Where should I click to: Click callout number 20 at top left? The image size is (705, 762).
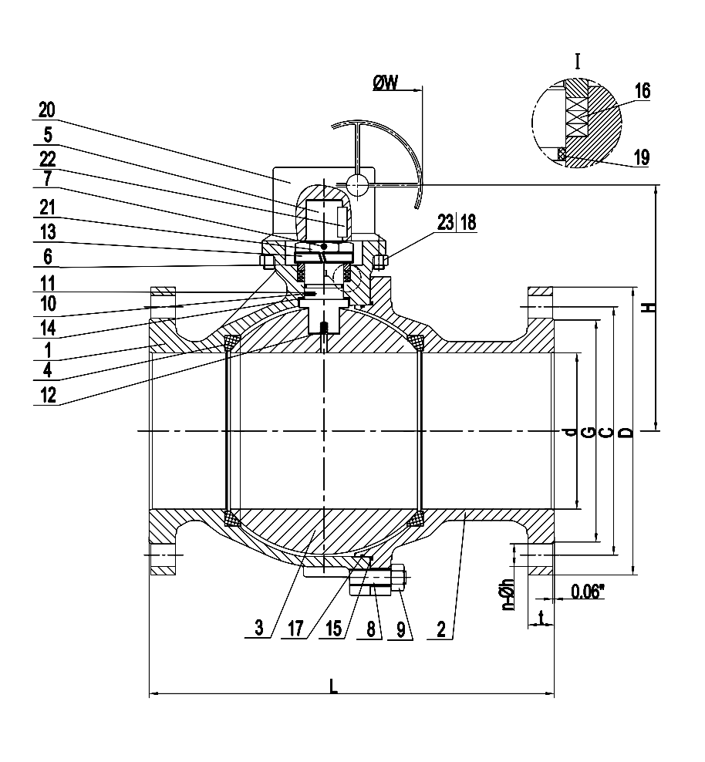click(47, 110)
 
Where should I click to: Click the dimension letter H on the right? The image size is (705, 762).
click(650, 306)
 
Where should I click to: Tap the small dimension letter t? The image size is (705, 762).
click(541, 616)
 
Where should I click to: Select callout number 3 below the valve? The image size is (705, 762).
click(258, 629)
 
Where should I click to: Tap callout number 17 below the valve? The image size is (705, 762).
click(296, 629)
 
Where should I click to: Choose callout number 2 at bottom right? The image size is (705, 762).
click(440, 629)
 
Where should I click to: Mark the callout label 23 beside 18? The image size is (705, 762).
click(446, 223)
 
